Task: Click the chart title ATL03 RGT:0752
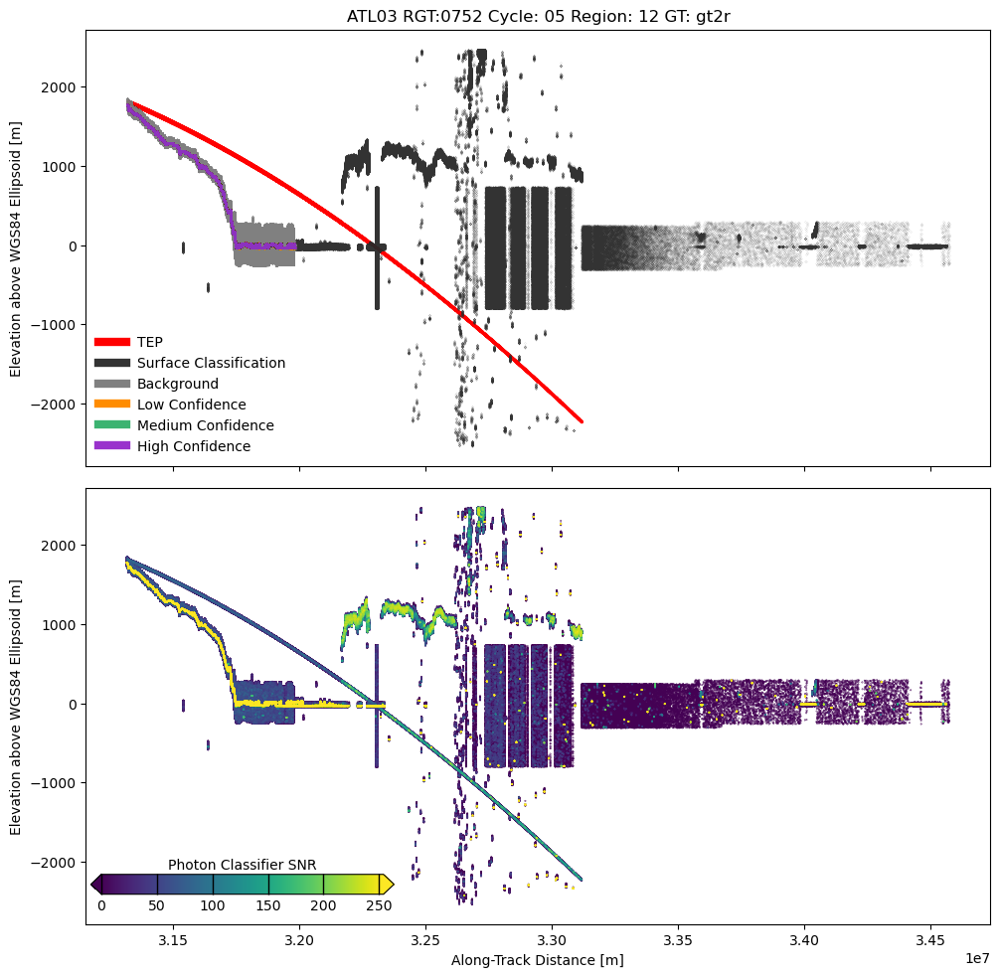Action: [537, 16]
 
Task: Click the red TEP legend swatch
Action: [111, 342]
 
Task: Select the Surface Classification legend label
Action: [211, 363]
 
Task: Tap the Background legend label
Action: [178, 384]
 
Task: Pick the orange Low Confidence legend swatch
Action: [111, 405]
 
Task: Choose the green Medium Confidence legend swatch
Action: [111, 425]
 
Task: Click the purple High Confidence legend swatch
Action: [111, 446]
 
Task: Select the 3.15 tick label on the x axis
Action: [173, 939]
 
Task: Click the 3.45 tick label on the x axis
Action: [930, 939]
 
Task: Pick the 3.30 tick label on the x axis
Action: [552, 939]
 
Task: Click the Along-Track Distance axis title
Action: [537, 960]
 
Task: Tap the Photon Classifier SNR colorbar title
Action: [242, 865]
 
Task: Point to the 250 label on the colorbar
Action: [379, 905]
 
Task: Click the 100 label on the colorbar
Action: [213, 905]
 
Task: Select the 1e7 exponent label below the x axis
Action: [977, 957]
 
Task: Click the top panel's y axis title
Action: [16, 246]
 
